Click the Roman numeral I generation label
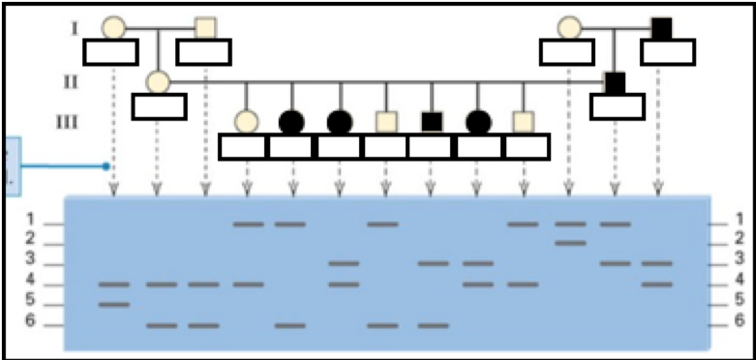(x=74, y=27)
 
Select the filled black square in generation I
(x=662, y=28)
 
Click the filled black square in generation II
(x=615, y=82)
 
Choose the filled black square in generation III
(x=432, y=122)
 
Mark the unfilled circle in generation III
(x=247, y=122)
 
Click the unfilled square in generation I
(x=205, y=28)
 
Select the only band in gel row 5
(x=114, y=305)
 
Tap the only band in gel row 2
(x=570, y=242)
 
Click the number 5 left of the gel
(x=30, y=301)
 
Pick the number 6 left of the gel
(x=30, y=321)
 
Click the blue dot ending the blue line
(x=106, y=166)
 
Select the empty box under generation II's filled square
(x=617, y=105)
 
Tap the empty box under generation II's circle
(x=159, y=105)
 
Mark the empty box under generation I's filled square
(x=668, y=52)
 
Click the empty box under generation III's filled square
(x=432, y=147)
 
